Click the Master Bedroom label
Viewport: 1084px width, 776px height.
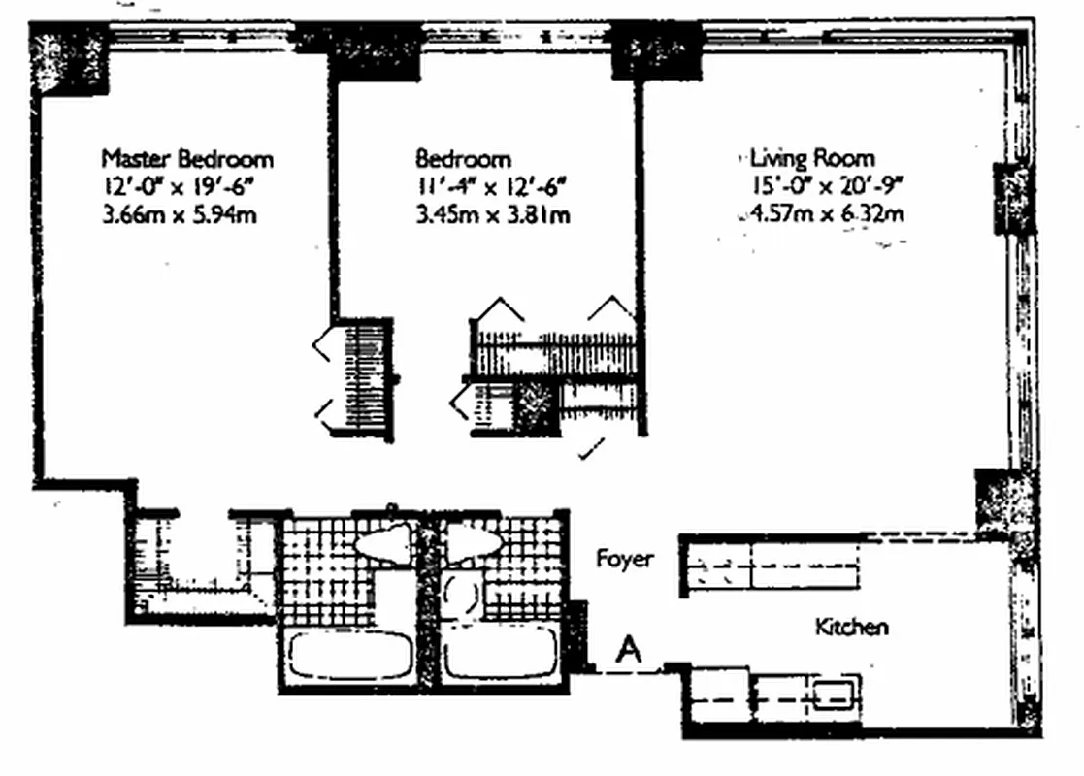[187, 158]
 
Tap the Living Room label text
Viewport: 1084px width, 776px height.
[811, 158]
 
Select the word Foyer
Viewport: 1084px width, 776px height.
[624, 560]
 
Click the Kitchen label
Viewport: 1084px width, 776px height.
[851, 627]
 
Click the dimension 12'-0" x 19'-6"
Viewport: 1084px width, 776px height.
[180, 186]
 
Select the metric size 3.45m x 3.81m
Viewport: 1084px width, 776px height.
[492, 214]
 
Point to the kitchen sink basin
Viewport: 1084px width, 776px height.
[833, 695]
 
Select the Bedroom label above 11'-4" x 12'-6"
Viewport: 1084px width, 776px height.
[463, 158]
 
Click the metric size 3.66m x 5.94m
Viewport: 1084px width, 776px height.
[180, 214]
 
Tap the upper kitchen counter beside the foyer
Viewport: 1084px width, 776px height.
[772, 566]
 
